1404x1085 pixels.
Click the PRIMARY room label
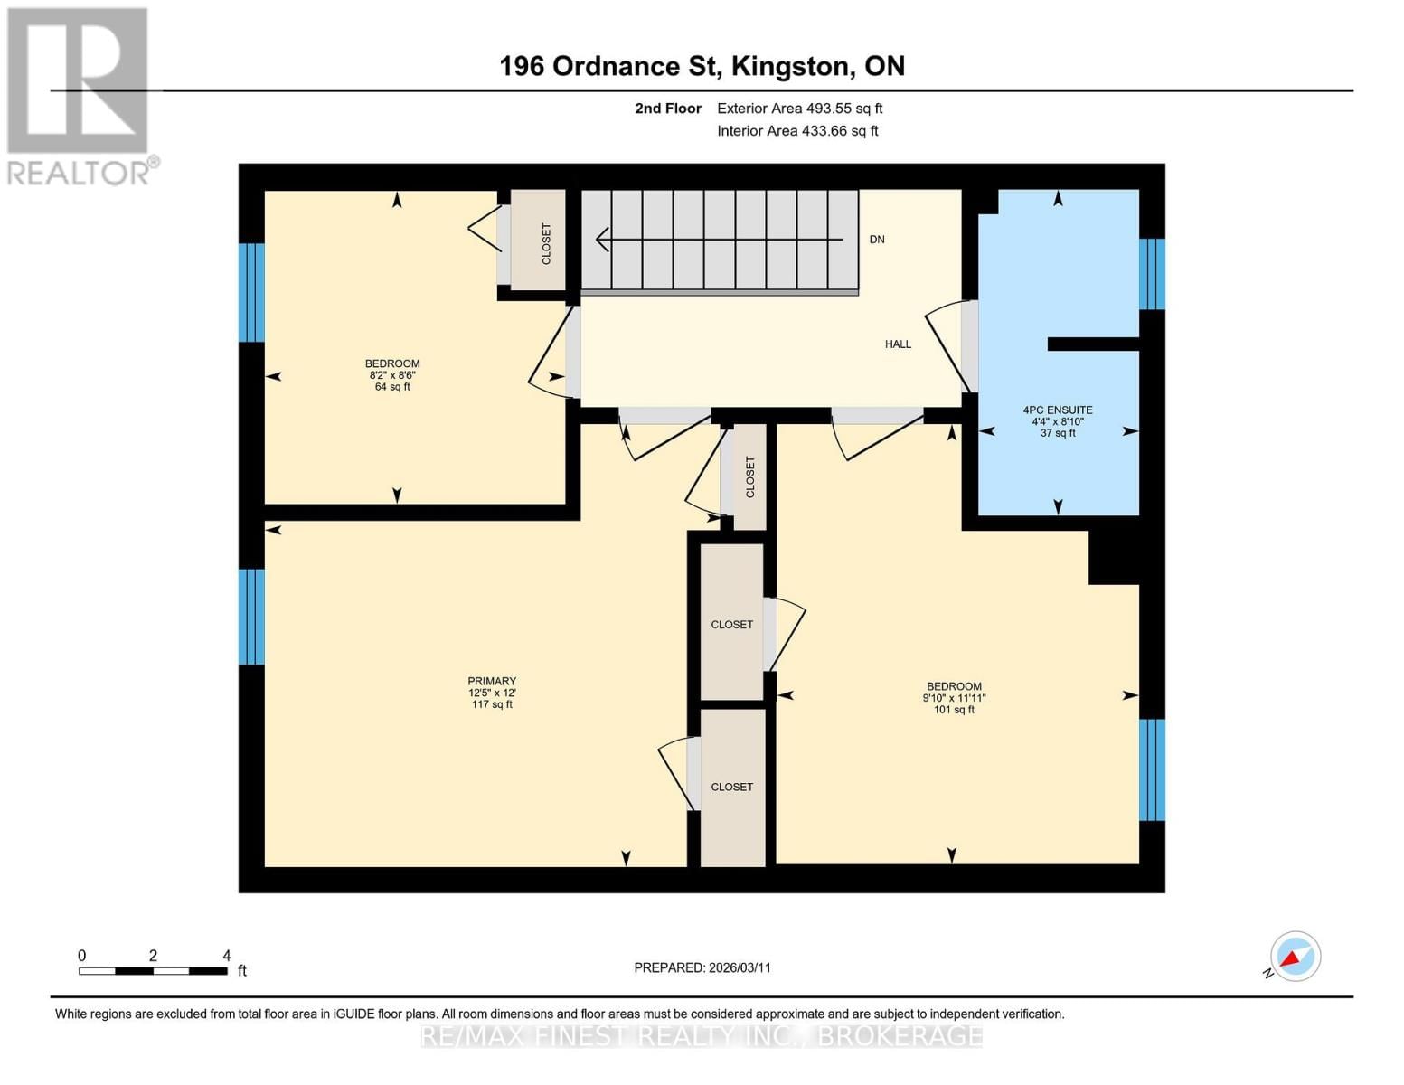(492, 681)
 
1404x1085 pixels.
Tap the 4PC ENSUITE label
(1058, 410)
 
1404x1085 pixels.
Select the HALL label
(898, 344)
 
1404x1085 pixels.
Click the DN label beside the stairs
(877, 240)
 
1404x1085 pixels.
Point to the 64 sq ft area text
(392, 387)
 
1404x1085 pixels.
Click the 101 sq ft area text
(954, 710)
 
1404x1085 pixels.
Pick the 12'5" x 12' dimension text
(492, 693)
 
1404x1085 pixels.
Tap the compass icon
(1295, 957)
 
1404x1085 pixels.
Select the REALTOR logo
(79, 95)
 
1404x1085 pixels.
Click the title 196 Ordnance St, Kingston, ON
(702, 66)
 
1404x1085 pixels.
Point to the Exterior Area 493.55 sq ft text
(799, 108)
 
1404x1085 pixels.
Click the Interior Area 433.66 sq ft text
(797, 131)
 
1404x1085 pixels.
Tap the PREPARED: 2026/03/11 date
(702, 967)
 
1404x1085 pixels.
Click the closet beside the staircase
(539, 241)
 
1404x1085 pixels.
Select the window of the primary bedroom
(251, 617)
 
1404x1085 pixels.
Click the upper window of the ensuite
(1152, 274)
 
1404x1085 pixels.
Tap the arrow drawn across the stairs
(719, 241)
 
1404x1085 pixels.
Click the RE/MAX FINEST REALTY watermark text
(702, 1036)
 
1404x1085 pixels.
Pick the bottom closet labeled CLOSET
(732, 787)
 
